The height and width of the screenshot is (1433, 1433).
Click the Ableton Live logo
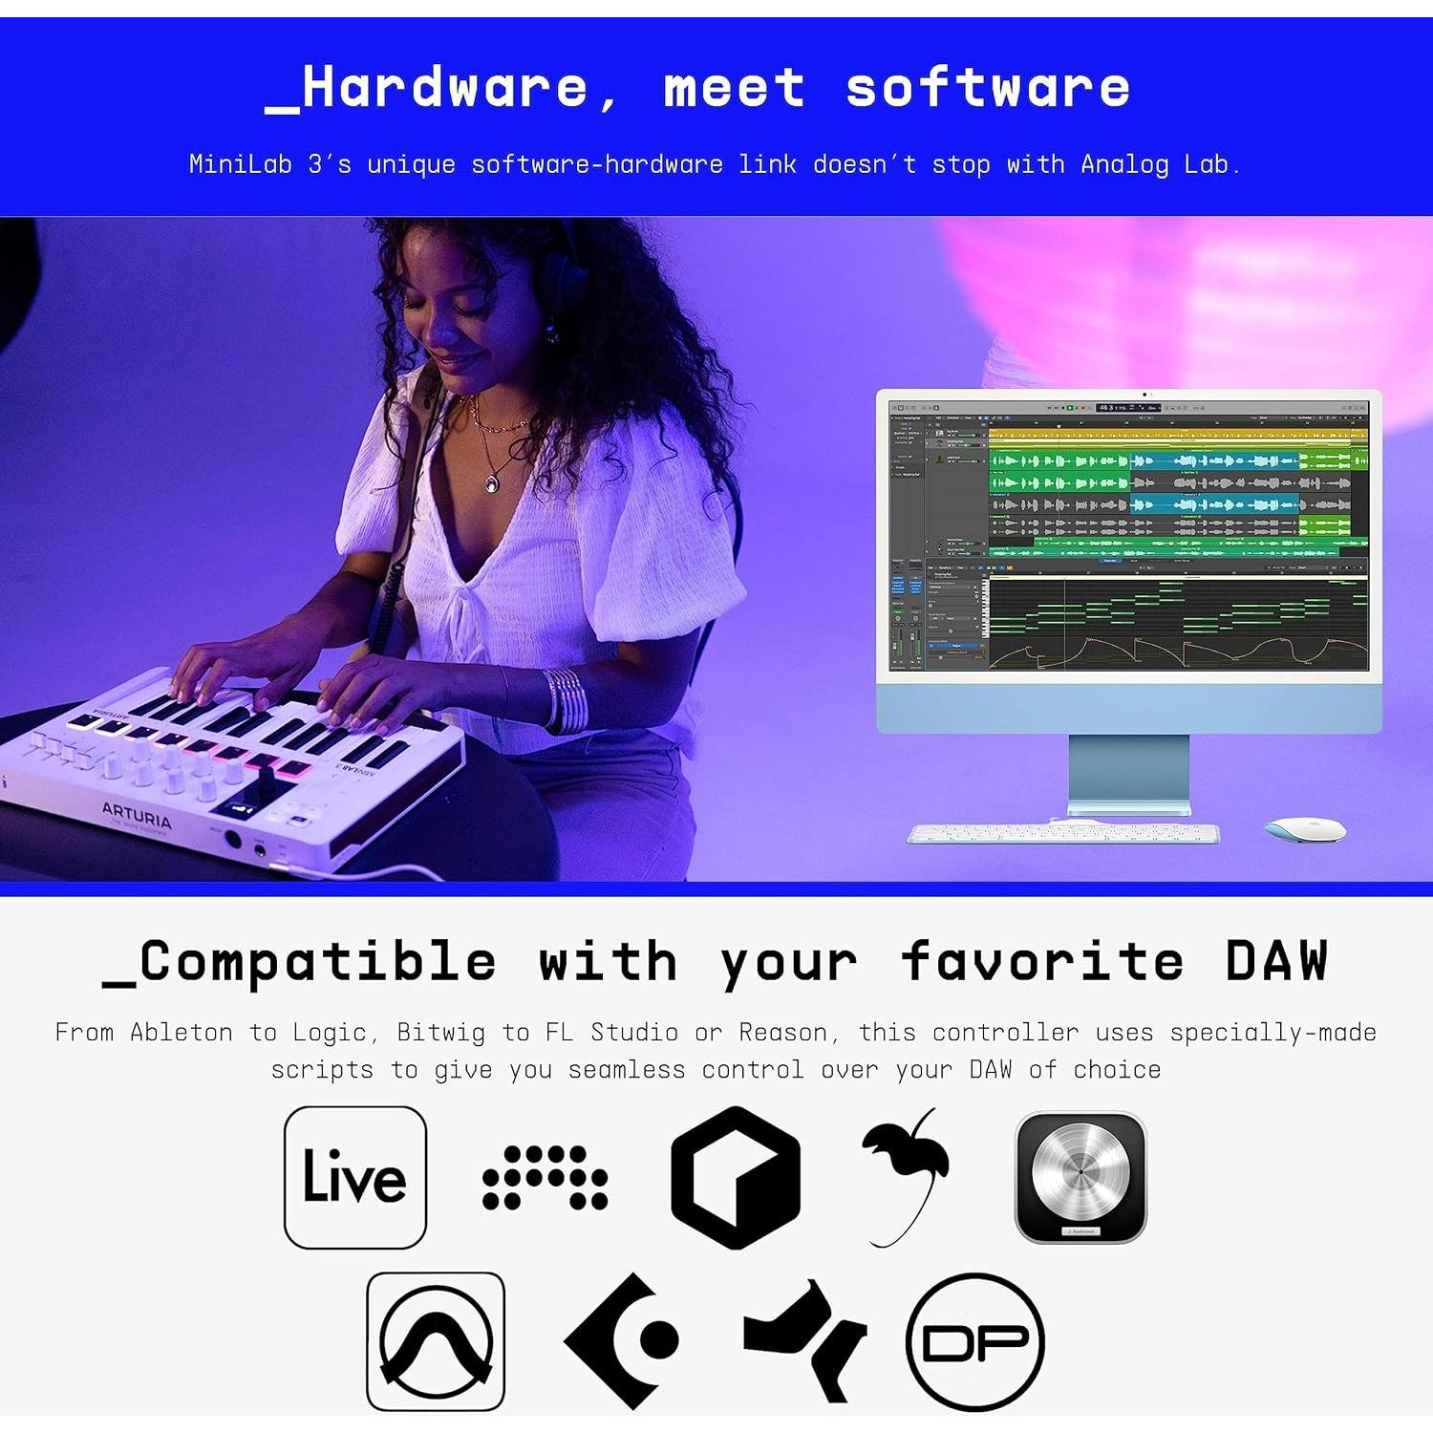(354, 1177)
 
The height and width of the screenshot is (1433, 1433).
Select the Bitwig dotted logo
(545, 1177)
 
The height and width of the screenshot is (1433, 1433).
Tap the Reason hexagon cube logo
(736, 1177)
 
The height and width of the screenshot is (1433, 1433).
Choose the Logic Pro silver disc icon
(1080, 1177)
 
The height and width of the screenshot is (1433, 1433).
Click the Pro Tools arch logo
(436, 1340)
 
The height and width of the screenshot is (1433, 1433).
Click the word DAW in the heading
(1276, 961)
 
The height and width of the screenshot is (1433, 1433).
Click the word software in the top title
(987, 88)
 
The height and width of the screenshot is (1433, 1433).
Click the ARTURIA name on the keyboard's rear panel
(137, 814)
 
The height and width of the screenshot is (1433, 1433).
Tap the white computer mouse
(1304, 828)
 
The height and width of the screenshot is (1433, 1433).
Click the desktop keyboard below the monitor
(1062, 834)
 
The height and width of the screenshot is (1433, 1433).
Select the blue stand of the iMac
(1128, 774)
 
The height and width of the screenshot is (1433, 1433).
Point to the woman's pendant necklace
(491, 482)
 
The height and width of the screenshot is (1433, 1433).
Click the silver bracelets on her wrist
(566, 699)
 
